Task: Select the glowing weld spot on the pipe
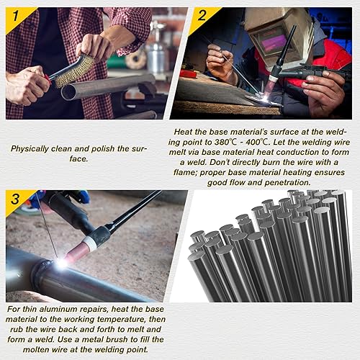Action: click(61, 264)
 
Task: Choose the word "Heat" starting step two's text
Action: click(185, 132)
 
